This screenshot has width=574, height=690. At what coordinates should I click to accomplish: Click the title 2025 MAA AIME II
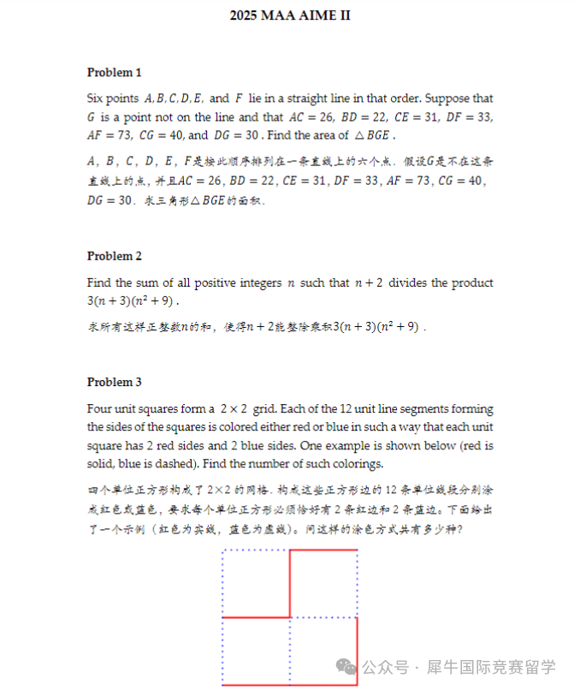tap(290, 15)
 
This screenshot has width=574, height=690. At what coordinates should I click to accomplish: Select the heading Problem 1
tap(115, 72)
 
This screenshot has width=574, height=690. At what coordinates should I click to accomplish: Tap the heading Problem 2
tap(115, 256)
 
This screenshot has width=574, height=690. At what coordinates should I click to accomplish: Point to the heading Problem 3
tap(115, 382)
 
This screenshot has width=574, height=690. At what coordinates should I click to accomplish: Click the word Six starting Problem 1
tap(96, 98)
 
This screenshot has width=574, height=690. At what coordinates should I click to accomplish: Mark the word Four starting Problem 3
tap(100, 409)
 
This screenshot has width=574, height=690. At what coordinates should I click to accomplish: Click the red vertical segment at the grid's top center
tap(290, 583)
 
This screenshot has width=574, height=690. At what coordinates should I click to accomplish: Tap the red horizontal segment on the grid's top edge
tap(323, 550)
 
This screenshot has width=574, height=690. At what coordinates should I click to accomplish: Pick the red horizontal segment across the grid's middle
tap(256, 617)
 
